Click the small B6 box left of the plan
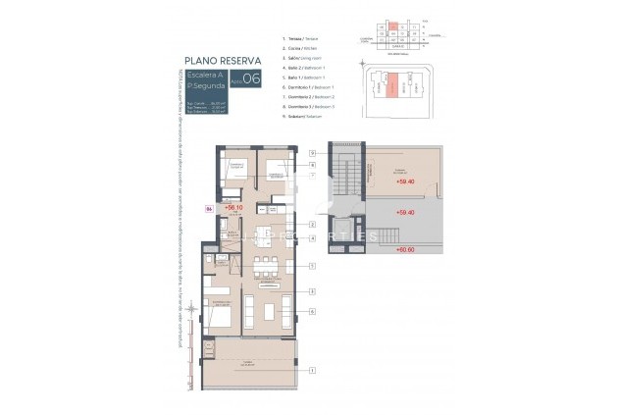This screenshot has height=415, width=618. click(208, 208)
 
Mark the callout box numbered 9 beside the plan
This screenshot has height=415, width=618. click(311, 153)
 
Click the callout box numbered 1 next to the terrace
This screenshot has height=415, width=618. click(311, 370)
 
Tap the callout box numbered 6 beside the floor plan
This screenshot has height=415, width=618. click(311, 312)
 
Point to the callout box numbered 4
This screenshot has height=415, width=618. click(311, 238)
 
